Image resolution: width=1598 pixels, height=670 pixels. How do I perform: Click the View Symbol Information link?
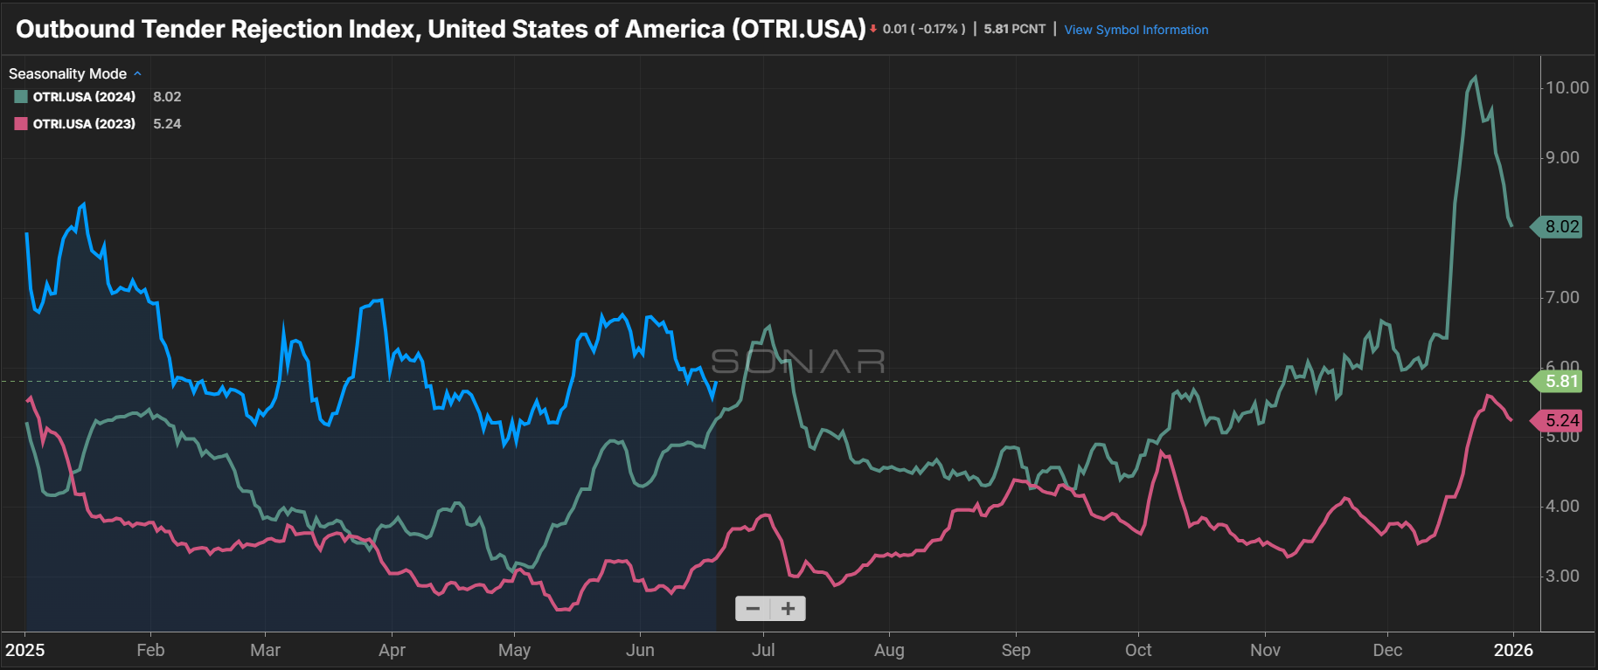click(1136, 30)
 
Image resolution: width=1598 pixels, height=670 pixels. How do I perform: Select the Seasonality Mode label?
click(67, 74)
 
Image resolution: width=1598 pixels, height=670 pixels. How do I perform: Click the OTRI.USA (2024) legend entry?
click(84, 97)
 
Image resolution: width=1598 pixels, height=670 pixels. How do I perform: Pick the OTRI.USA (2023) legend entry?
click(84, 124)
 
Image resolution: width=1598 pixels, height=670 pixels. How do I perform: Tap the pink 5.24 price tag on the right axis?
click(1561, 420)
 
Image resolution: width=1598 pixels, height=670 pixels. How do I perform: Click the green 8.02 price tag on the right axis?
click(1561, 227)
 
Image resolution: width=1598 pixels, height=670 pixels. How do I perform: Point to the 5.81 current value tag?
click(1561, 381)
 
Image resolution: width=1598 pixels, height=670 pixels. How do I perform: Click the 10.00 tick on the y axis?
click(1567, 87)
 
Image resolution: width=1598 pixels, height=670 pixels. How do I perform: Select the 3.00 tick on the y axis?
click(1562, 577)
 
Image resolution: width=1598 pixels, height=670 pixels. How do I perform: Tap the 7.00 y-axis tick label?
click(1562, 298)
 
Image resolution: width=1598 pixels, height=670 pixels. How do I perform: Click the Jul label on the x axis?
click(763, 650)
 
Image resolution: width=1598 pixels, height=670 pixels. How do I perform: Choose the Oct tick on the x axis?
click(1138, 650)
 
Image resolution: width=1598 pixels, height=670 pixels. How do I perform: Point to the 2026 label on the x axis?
click(1513, 650)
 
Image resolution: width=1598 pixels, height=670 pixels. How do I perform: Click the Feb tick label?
click(150, 650)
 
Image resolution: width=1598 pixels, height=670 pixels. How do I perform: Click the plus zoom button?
click(789, 609)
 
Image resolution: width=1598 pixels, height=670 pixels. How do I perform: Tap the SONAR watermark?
click(798, 361)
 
